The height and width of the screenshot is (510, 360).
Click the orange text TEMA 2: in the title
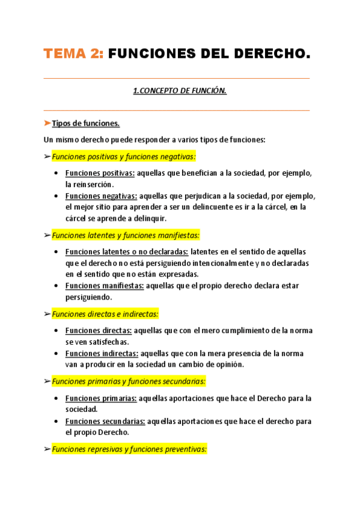pos(73,54)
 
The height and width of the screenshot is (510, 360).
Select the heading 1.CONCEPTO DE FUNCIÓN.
pos(179,91)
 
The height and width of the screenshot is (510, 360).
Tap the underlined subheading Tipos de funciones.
pos(86,124)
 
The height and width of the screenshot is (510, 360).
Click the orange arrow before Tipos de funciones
pos(47,124)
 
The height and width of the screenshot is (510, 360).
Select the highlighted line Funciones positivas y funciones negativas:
pos(124,156)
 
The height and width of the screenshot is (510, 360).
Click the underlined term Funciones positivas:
pos(100,173)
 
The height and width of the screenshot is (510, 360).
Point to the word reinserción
pos(89,184)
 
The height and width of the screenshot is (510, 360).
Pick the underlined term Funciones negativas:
pos(101,196)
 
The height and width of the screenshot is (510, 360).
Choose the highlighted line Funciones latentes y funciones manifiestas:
pos(126,235)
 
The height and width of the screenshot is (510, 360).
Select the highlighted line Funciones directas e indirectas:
pos(105,314)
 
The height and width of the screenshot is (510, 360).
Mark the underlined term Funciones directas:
pos(99,331)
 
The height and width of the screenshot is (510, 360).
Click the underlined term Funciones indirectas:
pos(102,354)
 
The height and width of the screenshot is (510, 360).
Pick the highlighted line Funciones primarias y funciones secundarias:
pos(129,381)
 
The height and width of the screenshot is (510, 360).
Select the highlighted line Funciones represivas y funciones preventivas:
pos(129,449)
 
